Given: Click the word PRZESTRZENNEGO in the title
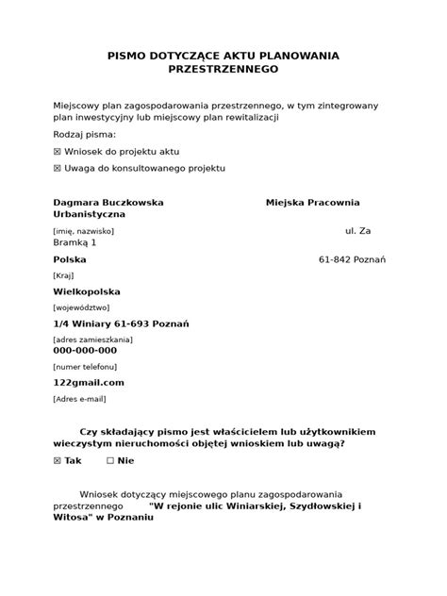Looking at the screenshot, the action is coord(223,70).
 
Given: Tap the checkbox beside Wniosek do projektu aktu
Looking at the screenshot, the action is coord(58,151).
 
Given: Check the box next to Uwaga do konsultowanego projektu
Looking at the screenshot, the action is coord(58,168).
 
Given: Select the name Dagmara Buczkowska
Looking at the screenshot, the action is coord(108,202).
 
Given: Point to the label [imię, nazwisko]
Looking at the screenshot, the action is coord(83,230).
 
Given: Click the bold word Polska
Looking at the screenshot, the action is coord(70,259).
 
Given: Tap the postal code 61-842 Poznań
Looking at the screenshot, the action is coord(353,259).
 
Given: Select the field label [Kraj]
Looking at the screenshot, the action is coord(65,275).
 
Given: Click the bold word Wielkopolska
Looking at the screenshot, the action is coord(85,291).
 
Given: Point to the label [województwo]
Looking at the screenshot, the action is coord(81,306).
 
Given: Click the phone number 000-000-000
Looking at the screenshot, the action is coord(85,350).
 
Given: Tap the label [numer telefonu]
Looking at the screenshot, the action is coord(85,365).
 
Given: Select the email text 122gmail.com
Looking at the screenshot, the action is coord(89,382).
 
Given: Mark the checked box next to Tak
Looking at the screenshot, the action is coord(58,460).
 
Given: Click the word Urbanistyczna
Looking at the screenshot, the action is coord(89,215).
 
